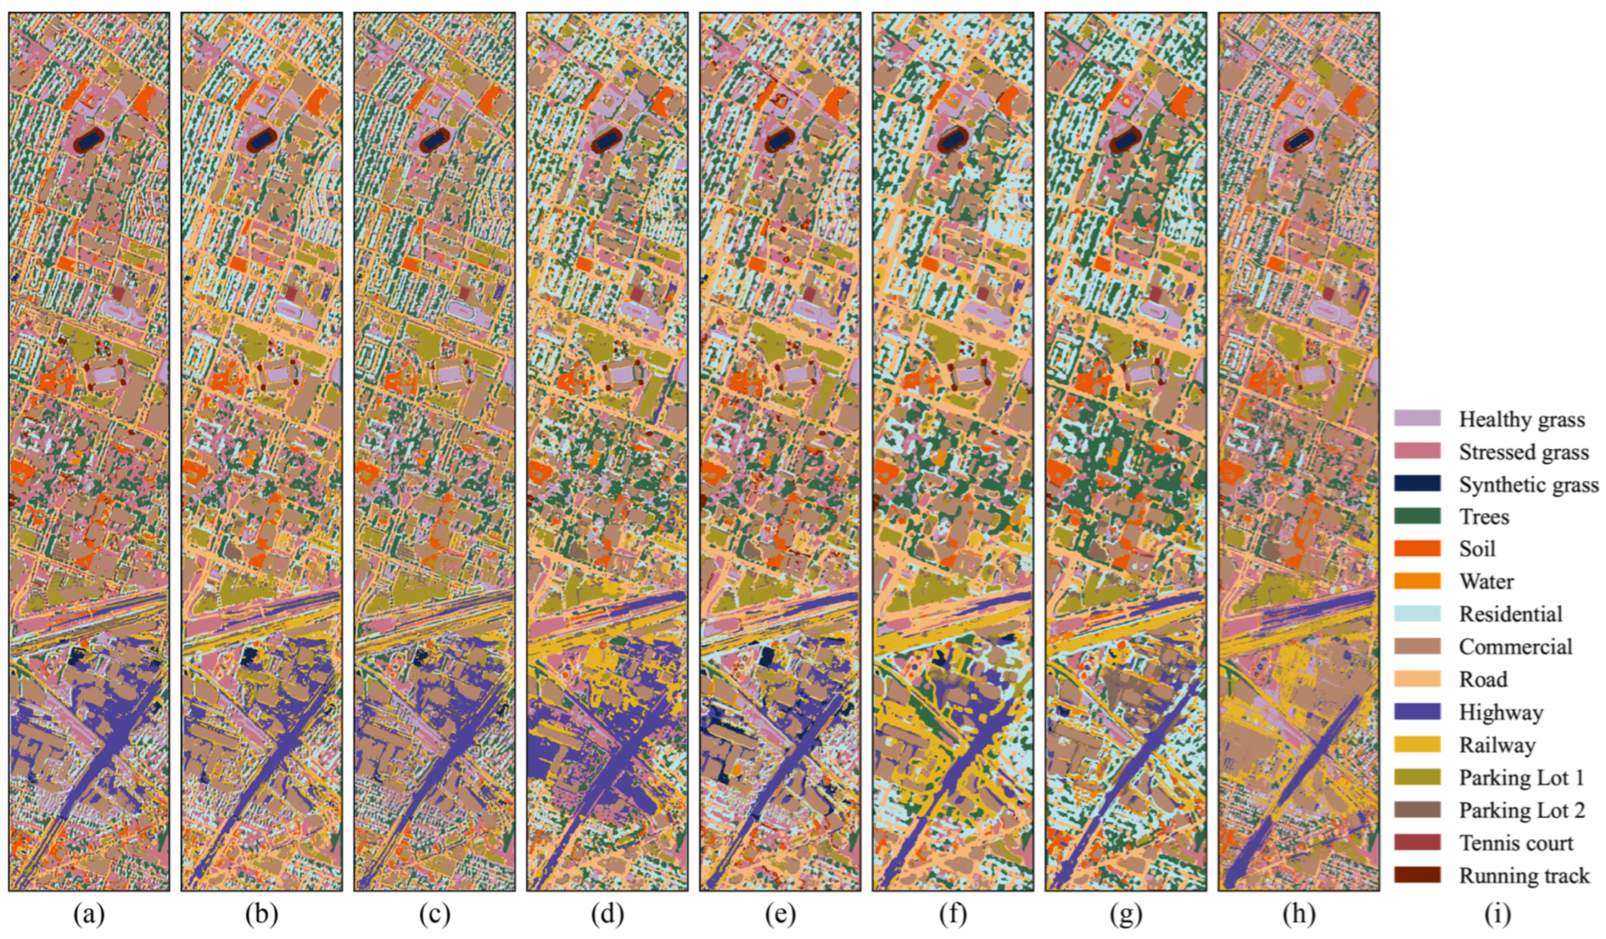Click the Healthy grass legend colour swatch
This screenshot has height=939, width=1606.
click(x=1417, y=418)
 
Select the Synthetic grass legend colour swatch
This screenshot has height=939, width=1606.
click(x=1417, y=484)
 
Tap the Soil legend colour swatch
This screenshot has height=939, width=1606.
click(x=1417, y=549)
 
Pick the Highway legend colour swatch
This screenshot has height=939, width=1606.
click(x=1417, y=712)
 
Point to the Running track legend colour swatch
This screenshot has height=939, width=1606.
click(x=1417, y=875)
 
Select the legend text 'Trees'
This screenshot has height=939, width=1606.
click(x=1484, y=516)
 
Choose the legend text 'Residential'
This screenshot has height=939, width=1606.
click(x=1511, y=614)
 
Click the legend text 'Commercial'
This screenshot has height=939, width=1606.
click(x=1516, y=646)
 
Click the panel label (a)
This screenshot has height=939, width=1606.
click(x=88, y=915)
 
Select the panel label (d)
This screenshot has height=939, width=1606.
click(x=607, y=915)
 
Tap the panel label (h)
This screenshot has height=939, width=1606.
click(x=1298, y=915)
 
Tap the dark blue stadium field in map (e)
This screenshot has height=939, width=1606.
click(x=779, y=140)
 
